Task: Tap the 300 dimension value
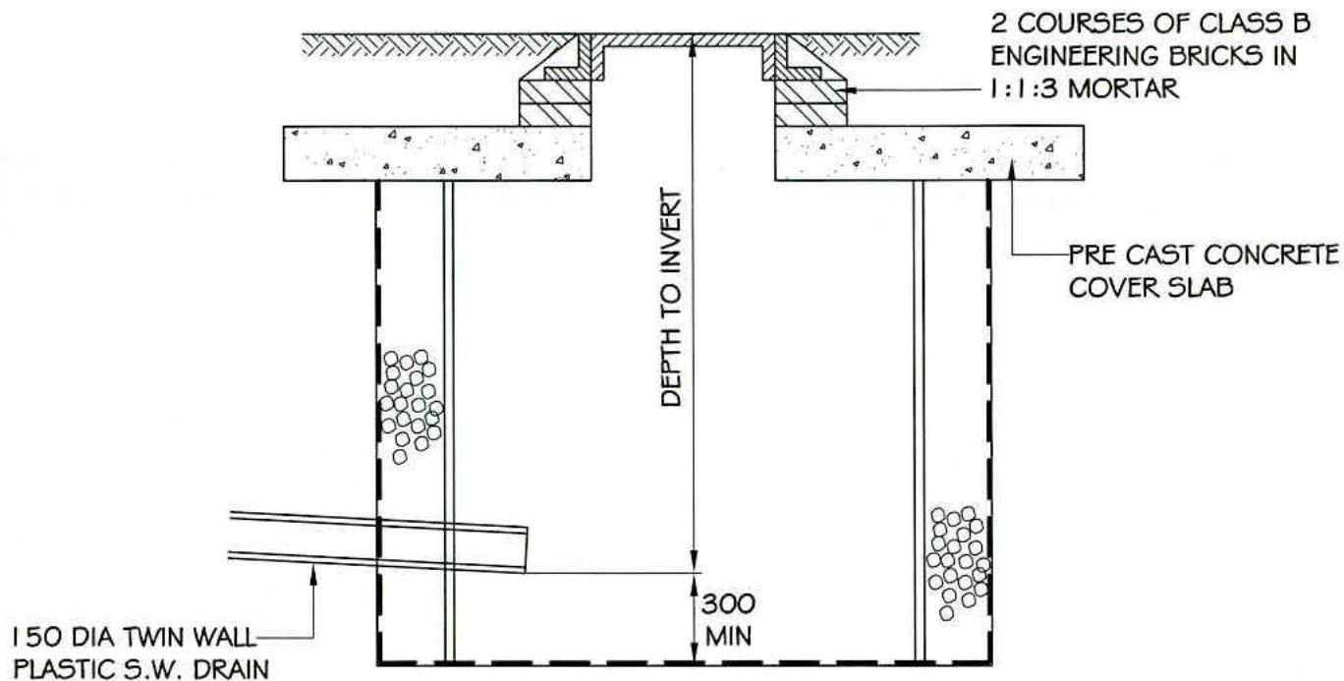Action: coord(728,602)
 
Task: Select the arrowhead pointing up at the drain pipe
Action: coord(314,575)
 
